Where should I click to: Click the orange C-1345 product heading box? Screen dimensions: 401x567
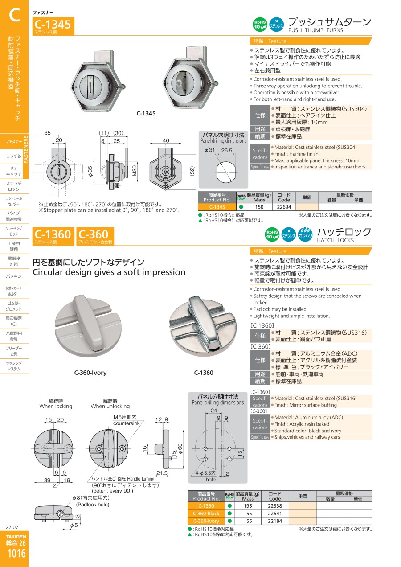click(x=53, y=26)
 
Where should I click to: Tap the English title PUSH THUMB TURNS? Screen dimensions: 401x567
click(x=315, y=30)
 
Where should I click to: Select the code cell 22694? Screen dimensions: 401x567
click(x=284, y=207)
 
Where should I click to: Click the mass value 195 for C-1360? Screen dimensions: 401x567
click(x=248, y=506)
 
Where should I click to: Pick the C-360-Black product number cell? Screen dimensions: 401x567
click(x=206, y=514)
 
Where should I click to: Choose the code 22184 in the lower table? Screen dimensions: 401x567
click(x=275, y=521)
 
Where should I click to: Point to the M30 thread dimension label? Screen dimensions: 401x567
click(x=135, y=171)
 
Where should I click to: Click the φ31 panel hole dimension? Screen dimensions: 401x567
click(x=210, y=150)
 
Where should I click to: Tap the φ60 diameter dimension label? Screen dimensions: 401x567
click(x=180, y=449)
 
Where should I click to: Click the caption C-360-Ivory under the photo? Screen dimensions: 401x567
click(x=90, y=373)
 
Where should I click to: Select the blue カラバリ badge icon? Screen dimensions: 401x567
click(x=305, y=234)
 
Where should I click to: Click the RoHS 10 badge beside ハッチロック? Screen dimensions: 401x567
click(x=272, y=234)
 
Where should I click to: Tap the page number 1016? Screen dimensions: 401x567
click(x=16, y=554)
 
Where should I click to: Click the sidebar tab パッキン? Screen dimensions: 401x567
click(x=14, y=276)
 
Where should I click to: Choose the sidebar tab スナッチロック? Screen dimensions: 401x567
click(x=14, y=186)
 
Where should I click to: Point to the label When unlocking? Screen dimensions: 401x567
click(x=110, y=406)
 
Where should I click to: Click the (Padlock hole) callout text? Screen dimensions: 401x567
click(x=93, y=505)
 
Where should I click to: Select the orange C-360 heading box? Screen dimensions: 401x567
click(x=95, y=236)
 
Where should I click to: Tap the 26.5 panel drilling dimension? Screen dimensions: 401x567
click(x=227, y=150)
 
